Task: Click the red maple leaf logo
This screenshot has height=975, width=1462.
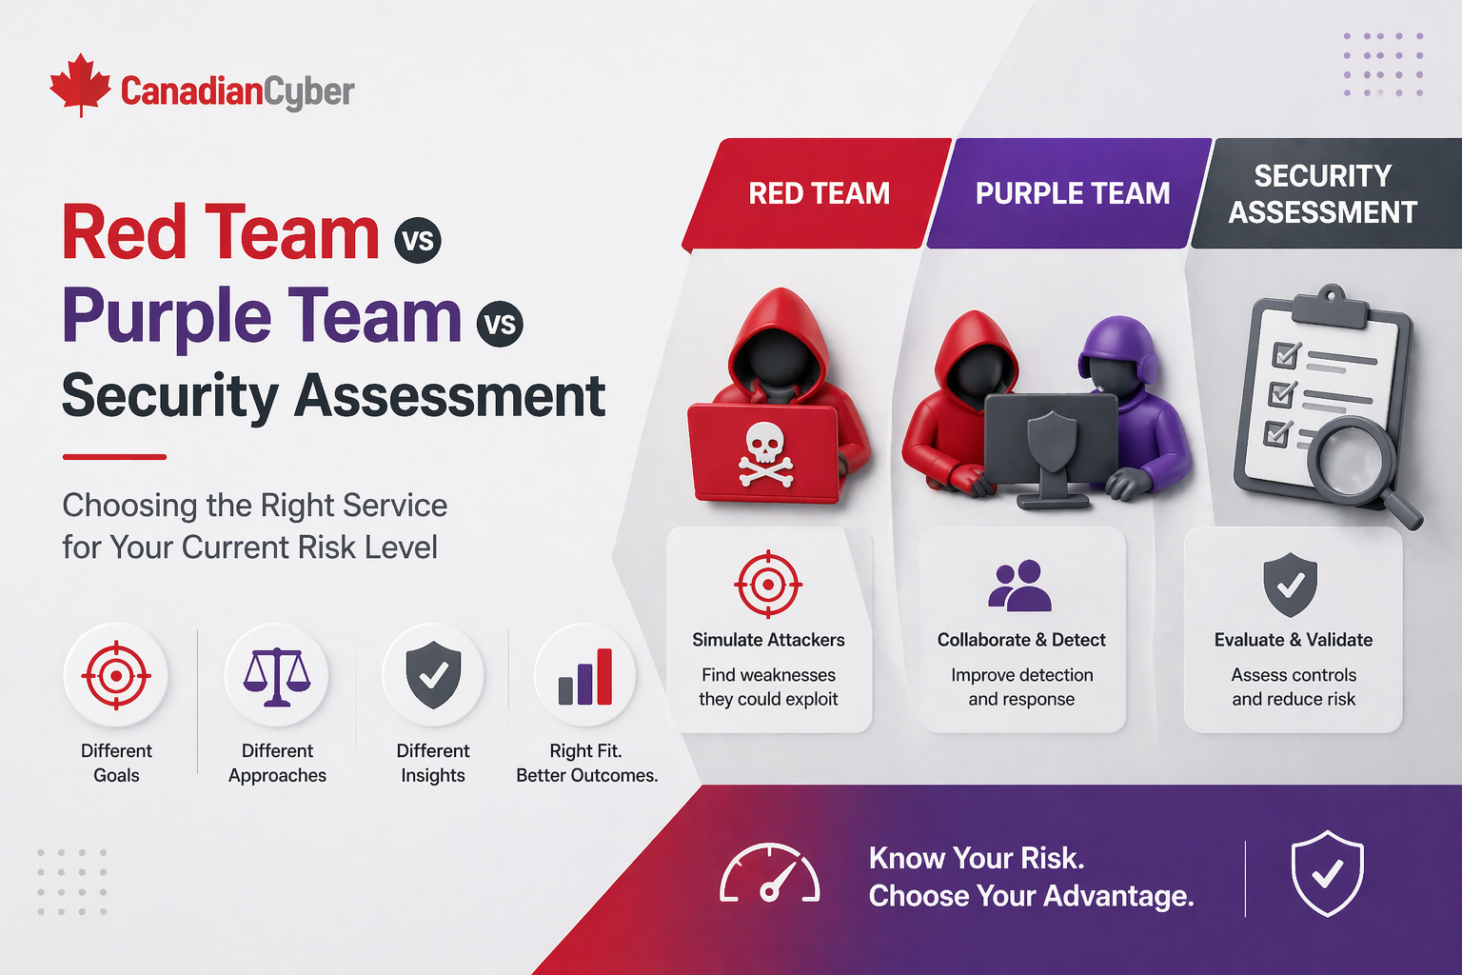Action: [x=80, y=85]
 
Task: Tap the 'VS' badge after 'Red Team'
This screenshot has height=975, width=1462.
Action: [x=418, y=240]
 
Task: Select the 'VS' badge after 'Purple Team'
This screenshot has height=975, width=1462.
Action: [x=500, y=324]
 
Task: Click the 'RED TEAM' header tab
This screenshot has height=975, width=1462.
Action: [x=818, y=193]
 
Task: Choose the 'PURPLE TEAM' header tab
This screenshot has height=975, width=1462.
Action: [x=1071, y=193]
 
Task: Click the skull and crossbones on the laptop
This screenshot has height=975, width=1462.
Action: [x=765, y=455]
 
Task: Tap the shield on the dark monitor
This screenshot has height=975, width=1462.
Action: [x=1052, y=442]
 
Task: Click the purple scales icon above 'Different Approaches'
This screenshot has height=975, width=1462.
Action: [x=277, y=677]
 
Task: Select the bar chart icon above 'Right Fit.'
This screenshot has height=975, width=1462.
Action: [x=585, y=677]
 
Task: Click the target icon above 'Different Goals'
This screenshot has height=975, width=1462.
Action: [x=116, y=675]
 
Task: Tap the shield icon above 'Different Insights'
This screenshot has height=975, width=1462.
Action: [x=433, y=675]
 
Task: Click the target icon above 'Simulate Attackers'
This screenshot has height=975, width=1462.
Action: [x=768, y=584]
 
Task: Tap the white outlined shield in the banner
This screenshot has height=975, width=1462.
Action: [x=1328, y=874]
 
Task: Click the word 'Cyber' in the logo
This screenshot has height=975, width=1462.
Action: [x=309, y=92]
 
